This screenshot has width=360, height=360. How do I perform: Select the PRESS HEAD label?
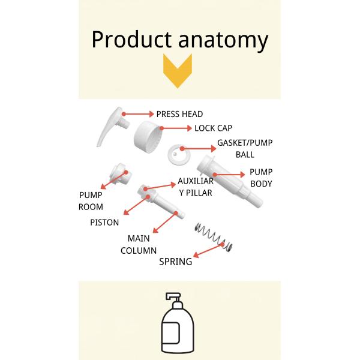(x=179, y=114)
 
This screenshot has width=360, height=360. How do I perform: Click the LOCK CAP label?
(x=213, y=128)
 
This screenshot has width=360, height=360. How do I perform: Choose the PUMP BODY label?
(x=260, y=178)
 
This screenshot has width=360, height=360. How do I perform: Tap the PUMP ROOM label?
(x=91, y=200)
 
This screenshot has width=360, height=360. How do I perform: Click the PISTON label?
(x=104, y=222)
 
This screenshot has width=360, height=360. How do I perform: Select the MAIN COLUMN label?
(x=142, y=244)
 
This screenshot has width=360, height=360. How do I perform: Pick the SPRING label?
(x=175, y=262)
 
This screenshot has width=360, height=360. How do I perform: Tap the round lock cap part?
(x=149, y=136)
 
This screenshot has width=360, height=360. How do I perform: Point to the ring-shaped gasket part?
(x=177, y=154)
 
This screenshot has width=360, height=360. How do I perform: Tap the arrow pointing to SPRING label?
(x=210, y=251)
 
